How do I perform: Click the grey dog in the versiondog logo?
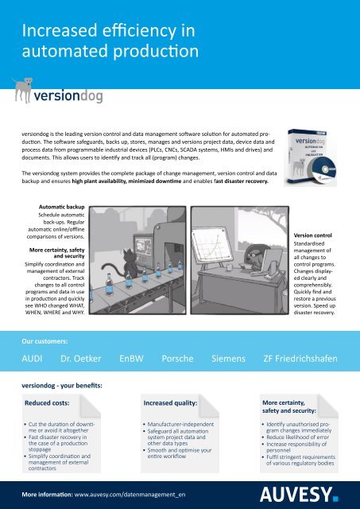(23, 90)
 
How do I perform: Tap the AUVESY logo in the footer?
(299, 495)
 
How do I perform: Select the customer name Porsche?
(177, 359)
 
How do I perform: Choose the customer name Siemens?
(228, 359)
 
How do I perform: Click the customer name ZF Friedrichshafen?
(300, 359)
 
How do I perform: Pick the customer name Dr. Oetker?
(81, 359)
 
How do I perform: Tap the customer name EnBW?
(131, 359)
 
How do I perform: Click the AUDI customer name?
(32, 359)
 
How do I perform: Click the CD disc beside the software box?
(324, 169)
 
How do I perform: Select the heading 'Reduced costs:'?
(47, 403)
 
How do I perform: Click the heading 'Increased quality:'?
(170, 403)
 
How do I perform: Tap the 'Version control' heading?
(312, 235)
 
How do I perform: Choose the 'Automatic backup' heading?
(62, 207)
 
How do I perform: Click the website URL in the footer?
(130, 495)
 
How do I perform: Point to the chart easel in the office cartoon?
(212, 244)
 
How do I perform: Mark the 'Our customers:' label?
(45, 341)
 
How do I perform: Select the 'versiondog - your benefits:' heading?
(62, 386)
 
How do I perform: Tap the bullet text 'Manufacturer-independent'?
(180, 424)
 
